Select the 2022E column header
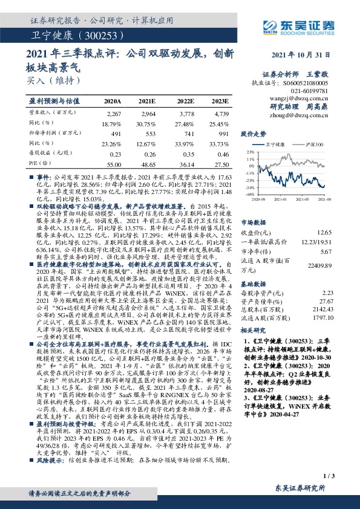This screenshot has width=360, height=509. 186,100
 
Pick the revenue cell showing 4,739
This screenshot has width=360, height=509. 221,114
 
